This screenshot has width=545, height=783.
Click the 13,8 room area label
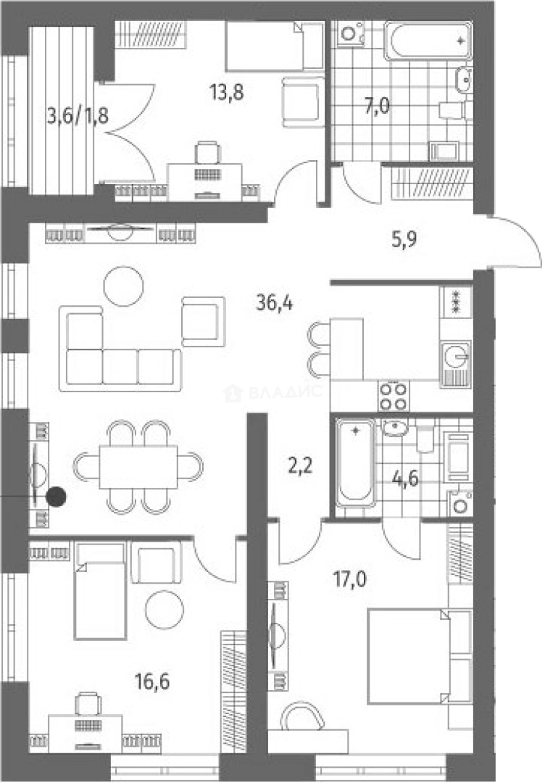pos(227,92)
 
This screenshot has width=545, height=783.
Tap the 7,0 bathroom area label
pos(377,106)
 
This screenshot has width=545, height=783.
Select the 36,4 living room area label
pos(275,302)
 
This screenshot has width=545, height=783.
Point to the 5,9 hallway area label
pos(404,240)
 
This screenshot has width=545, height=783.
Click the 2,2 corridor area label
pos(301,466)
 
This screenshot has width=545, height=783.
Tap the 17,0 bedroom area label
pos(350,579)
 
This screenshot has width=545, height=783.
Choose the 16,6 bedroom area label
pos(152,681)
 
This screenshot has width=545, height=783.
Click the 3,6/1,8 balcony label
pos(78,116)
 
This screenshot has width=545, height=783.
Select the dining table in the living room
pos(138,468)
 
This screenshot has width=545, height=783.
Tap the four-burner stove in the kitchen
pos(394,396)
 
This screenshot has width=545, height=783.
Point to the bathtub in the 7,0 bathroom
pos(429,41)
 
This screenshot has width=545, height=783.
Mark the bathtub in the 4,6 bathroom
pos(355,463)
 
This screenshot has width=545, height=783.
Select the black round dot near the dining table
pos(57,497)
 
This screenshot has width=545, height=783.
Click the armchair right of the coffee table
pos(203,321)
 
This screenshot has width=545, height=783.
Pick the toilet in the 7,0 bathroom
pos(454,110)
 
